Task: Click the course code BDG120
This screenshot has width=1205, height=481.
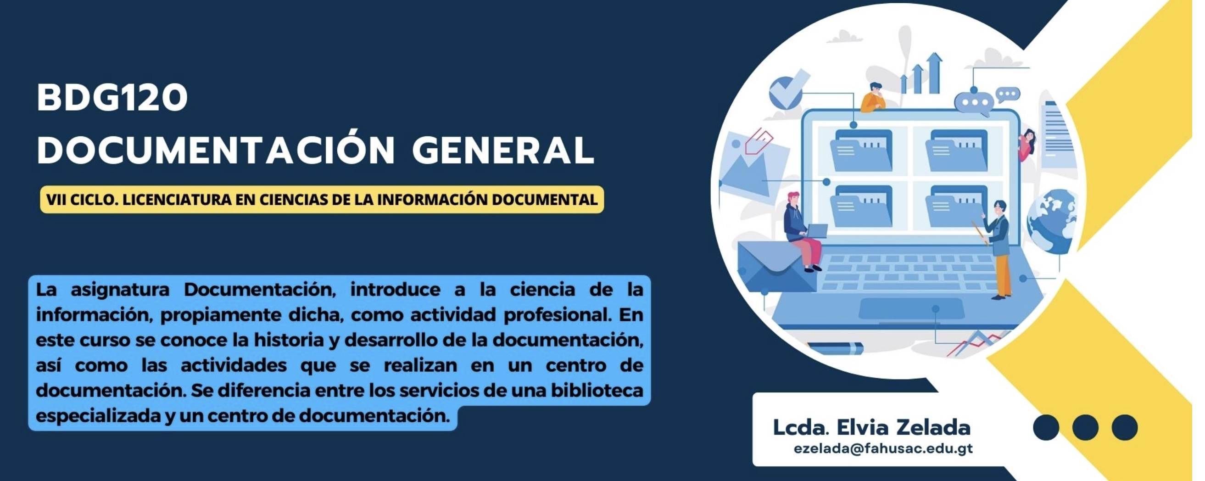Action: [x=112, y=97]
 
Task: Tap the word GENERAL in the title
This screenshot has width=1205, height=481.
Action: [x=503, y=150]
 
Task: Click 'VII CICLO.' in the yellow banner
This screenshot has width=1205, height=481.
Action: [x=80, y=200]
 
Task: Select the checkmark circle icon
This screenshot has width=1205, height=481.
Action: [x=787, y=91]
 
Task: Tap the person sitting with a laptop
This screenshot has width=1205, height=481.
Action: [x=803, y=231]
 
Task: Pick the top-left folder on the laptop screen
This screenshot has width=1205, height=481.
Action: [x=862, y=150]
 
